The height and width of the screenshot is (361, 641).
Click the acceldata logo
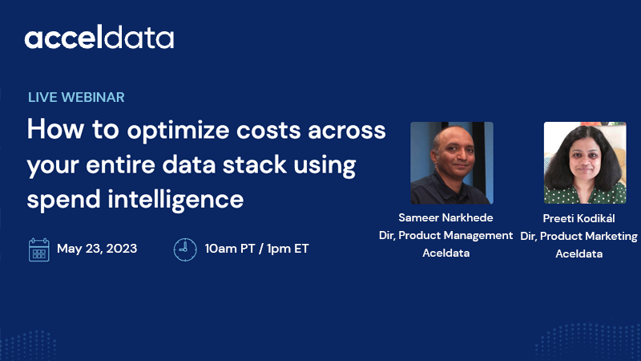click(99, 38)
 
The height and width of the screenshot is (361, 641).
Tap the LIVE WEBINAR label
click(76, 97)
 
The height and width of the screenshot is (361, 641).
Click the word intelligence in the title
click(167, 198)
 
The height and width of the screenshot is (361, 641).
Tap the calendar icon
click(38, 249)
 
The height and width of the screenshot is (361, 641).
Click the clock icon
click(185, 249)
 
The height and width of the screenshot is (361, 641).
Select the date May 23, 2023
click(97, 249)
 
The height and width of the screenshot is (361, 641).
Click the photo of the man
click(451, 163)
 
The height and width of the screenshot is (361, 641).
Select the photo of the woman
click(585, 163)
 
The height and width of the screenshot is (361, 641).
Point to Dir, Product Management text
click(445, 235)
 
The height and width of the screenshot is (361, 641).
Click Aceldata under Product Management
click(445, 253)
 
